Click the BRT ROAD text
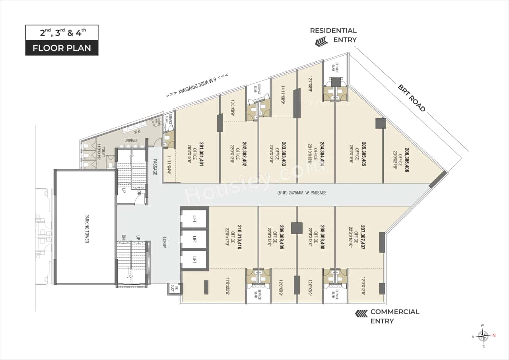412,98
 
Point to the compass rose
483,336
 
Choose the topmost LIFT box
194,219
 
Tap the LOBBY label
163,243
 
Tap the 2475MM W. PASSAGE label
302,193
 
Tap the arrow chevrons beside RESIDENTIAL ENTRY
321,41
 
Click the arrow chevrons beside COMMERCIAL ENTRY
361,314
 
